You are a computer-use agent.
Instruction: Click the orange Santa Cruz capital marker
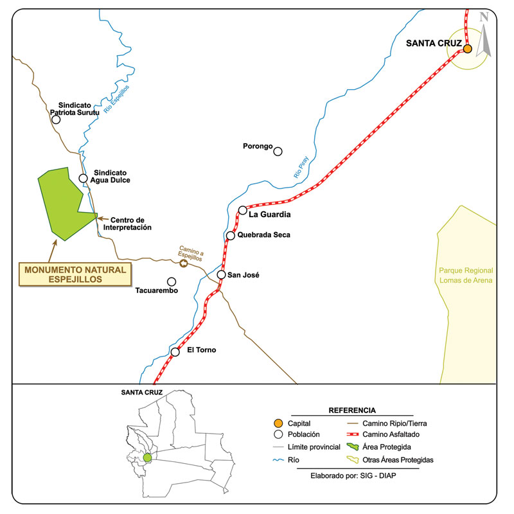point(468,49)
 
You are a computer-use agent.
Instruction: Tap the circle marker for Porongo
point(278,152)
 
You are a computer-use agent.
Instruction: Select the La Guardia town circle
point(243,210)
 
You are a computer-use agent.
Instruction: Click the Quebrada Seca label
point(263,235)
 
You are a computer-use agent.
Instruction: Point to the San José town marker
point(221,275)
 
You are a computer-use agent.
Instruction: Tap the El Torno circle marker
point(175,351)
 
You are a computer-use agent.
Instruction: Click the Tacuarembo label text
point(155,291)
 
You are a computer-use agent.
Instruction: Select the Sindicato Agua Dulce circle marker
point(83,179)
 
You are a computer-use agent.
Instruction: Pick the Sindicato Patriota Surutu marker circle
point(57,120)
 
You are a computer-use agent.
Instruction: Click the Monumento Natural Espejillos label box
point(75,274)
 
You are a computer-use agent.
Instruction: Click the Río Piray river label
point(301,168)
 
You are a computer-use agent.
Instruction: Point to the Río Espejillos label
point(116,98)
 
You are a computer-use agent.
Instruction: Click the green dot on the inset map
point(147,457)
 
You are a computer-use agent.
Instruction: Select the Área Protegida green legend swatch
point(351,447)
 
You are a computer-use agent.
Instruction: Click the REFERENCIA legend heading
point(352,410)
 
